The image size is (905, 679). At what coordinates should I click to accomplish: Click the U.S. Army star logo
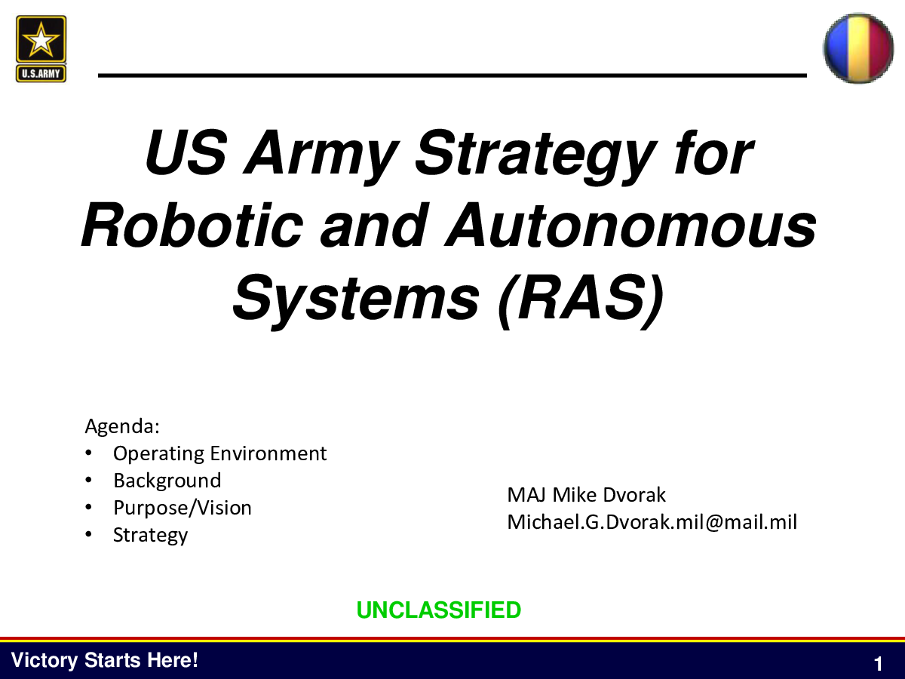(41, 48)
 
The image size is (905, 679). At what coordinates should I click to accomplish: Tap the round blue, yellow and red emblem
(858, 48)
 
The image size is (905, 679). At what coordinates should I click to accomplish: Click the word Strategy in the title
(535, 157)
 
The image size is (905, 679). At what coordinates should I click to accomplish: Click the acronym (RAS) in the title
(581, 300)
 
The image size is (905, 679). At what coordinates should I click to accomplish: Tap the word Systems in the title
(356, 300)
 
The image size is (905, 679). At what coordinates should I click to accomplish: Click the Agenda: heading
(122, 426)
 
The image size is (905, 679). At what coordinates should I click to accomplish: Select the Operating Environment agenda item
(219, 454)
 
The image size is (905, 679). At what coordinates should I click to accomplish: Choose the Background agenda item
(167, 481)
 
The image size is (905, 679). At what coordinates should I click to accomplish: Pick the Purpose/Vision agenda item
(183, 508)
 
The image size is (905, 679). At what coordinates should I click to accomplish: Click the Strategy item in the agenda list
(151, 535)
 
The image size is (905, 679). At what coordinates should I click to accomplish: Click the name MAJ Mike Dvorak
(586, 495)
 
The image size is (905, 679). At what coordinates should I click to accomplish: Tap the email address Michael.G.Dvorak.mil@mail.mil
(652, 522)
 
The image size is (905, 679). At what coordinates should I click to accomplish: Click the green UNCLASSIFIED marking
(439, 610)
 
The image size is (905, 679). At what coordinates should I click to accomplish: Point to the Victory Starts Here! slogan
(104, 660)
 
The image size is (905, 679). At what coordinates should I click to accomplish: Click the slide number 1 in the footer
(878, 664)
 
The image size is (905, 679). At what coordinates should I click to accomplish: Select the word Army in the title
(321, 157)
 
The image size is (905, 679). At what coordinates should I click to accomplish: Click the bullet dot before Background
(88, 481)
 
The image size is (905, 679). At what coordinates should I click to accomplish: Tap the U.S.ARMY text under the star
(41, 74)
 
